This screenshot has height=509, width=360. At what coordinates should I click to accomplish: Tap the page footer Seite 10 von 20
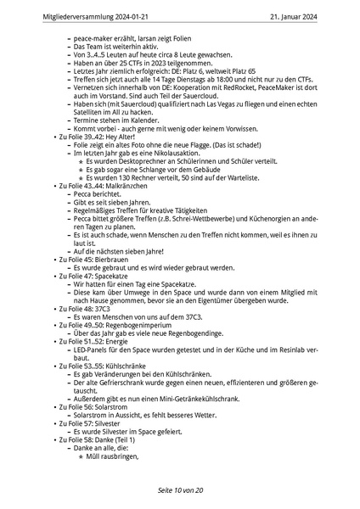point(180,490)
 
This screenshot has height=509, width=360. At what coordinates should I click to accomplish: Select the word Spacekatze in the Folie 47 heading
point(111,276)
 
